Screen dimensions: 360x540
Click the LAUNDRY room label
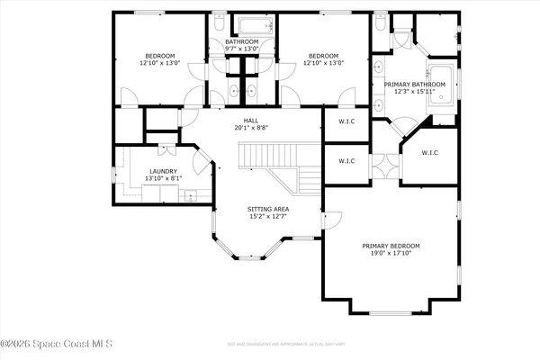164,171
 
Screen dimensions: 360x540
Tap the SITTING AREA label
268,209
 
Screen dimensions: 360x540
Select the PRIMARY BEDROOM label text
391,246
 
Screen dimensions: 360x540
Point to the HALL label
250,120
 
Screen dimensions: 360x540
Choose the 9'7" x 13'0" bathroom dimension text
241,49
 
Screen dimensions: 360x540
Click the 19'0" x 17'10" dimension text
391,254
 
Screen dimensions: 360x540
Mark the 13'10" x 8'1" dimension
164,178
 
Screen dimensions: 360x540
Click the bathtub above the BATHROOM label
242,26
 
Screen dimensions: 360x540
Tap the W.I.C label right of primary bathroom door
429,153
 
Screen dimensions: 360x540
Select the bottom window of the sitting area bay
242,258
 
